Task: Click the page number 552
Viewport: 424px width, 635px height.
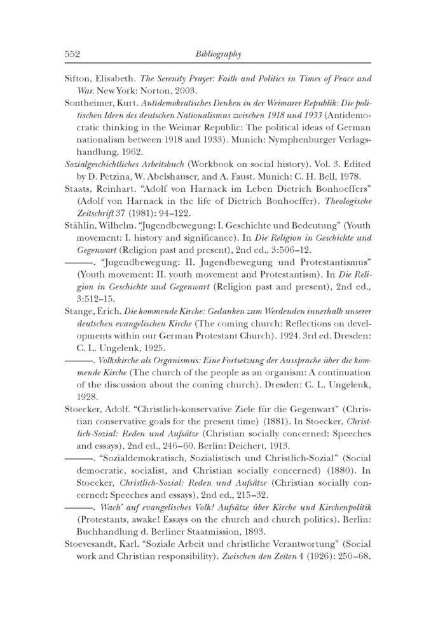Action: point(72,55)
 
